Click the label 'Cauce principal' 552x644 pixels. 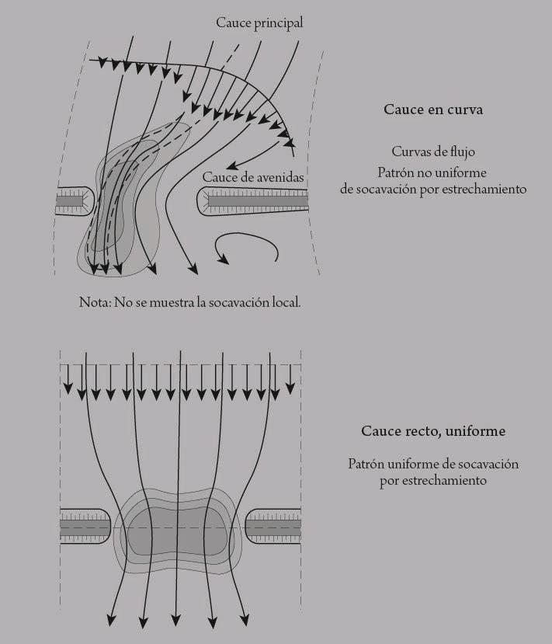coord(259,23)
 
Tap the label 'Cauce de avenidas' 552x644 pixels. coord(253,178)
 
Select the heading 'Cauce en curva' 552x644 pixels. coord(433,110)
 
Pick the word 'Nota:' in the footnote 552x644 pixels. coord(95,302)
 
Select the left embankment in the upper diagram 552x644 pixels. coord(73,202)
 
